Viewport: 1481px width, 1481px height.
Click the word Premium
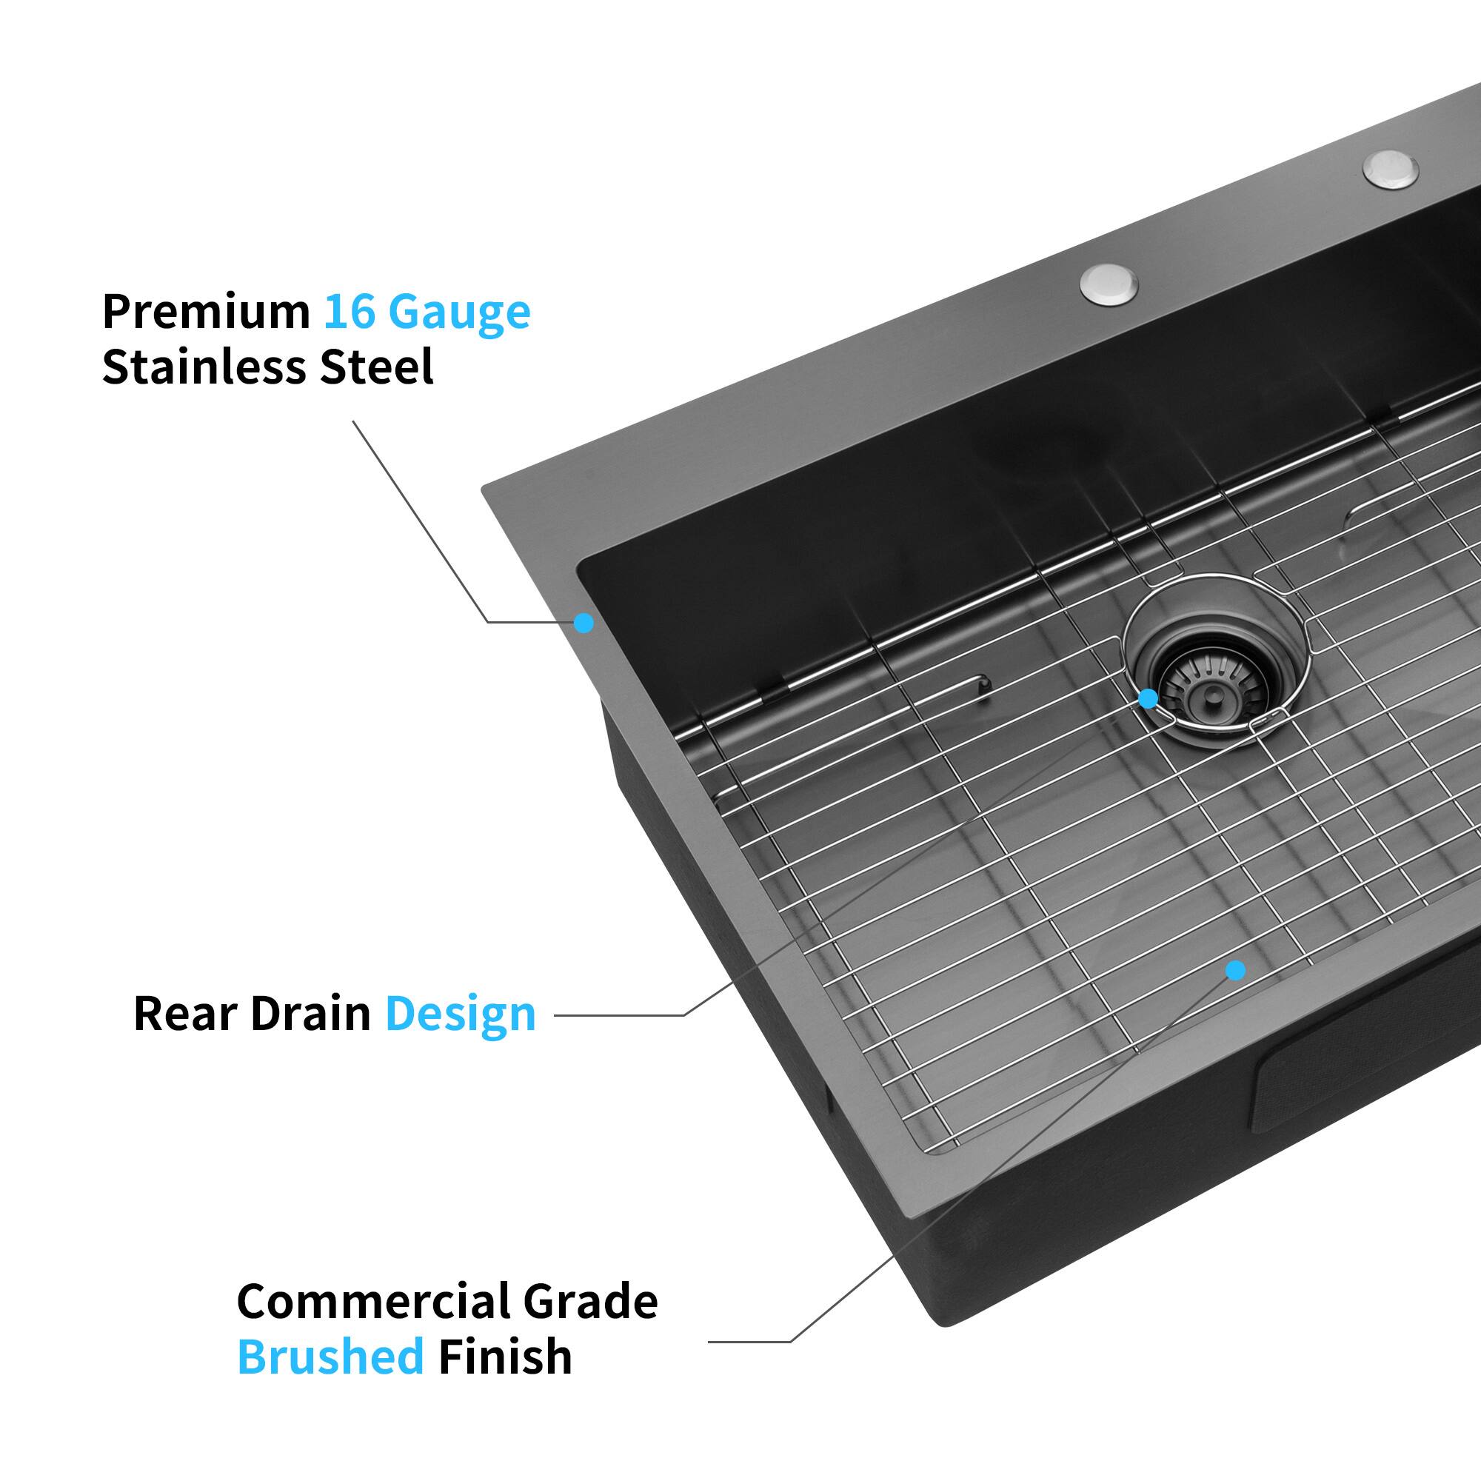click(x=205, y=312)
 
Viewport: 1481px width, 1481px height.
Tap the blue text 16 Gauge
click(x=427, y=312)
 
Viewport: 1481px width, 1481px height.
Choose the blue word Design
click(x=460, y=1014)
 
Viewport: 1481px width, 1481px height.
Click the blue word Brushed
click(x=330, y=1356)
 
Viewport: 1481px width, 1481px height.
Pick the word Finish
click(x=505, y=1356)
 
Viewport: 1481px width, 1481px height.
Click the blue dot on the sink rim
click(x=584, y=623)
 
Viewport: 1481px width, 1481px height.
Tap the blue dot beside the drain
click(x=1148, y=698)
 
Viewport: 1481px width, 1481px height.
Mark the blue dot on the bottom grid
click(x=1234, y=971)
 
